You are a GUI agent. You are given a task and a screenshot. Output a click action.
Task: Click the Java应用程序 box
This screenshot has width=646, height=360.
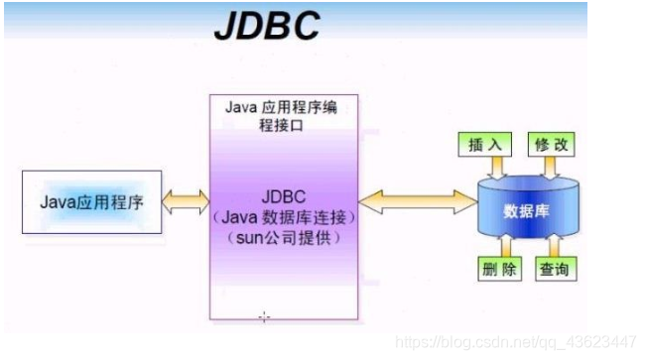pos(90,202)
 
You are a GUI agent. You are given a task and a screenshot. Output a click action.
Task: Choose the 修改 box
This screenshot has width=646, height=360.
pos(551,143)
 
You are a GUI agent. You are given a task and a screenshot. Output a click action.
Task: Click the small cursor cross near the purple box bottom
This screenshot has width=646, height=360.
pos(264,317)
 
